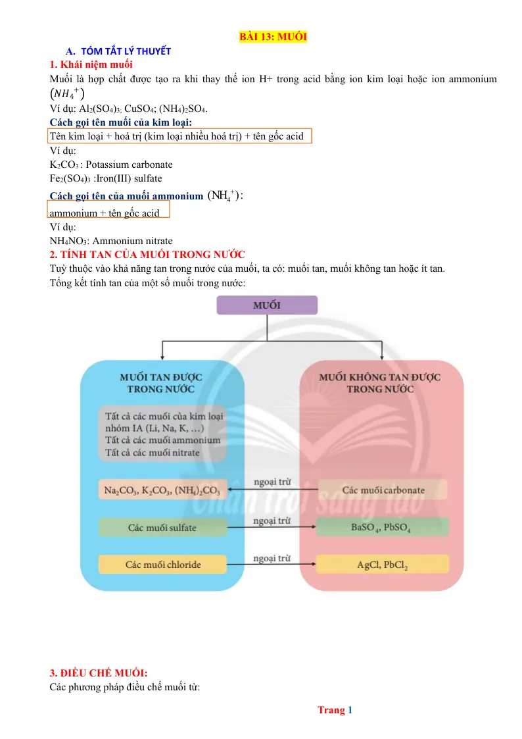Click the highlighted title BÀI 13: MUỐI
tap(273, 36)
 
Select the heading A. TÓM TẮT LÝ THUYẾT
tap(118, 51)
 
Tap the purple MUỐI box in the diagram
tap(267, 305)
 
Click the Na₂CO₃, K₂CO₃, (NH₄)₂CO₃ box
tap(162, 490)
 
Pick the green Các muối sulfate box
tap(162, 527)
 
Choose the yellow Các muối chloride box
tap(162, 565)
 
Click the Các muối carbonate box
tap(383, 490)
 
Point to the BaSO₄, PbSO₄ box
tap(382, 527)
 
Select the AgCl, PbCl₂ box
tap(382, 564)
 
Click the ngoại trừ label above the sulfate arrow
tap(272, 521)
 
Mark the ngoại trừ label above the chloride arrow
tap(272, 558)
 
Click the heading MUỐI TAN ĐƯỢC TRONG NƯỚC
tap(161, 383)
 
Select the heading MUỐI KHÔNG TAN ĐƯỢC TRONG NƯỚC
tap(380, 383)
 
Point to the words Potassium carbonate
tap(129, 165)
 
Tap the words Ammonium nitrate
tap(132, 241)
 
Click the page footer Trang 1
tap(335, 710)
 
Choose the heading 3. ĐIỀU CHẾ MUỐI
tap(99, 673)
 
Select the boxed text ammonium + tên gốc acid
tap(105, 213)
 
